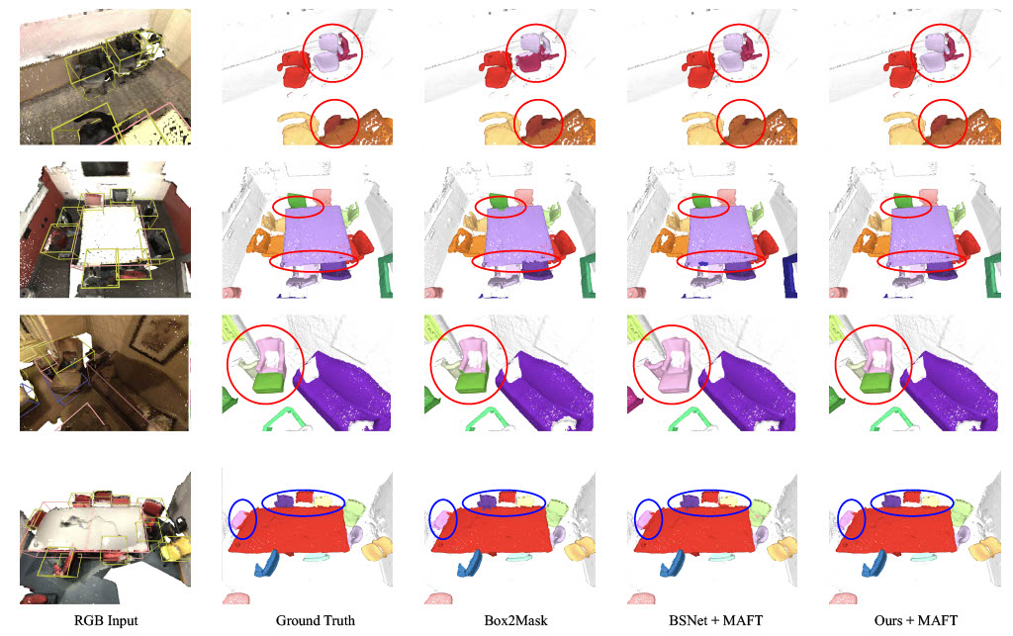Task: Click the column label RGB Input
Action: (x=106, y=620)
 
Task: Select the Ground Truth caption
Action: (x=316, y=620)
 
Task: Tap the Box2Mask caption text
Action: (x=515, y=620)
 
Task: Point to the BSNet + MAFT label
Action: (x=716, y=620)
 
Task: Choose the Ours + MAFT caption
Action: (x=916, y=620)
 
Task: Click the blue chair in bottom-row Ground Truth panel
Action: (x=266, y=563)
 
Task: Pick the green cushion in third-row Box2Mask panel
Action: (x=472, y=382)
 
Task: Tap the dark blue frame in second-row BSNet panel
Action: (x=789, y=276)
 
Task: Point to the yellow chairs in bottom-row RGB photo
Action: (x=176, y=548)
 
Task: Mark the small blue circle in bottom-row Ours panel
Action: (x=851, y=519)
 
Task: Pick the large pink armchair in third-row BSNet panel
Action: (x=670, y=368)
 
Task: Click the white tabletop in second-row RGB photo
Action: (x=111, y=231)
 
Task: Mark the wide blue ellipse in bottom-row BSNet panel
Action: (x=708, y=502)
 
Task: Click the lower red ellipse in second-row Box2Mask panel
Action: (x=516, y=260)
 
